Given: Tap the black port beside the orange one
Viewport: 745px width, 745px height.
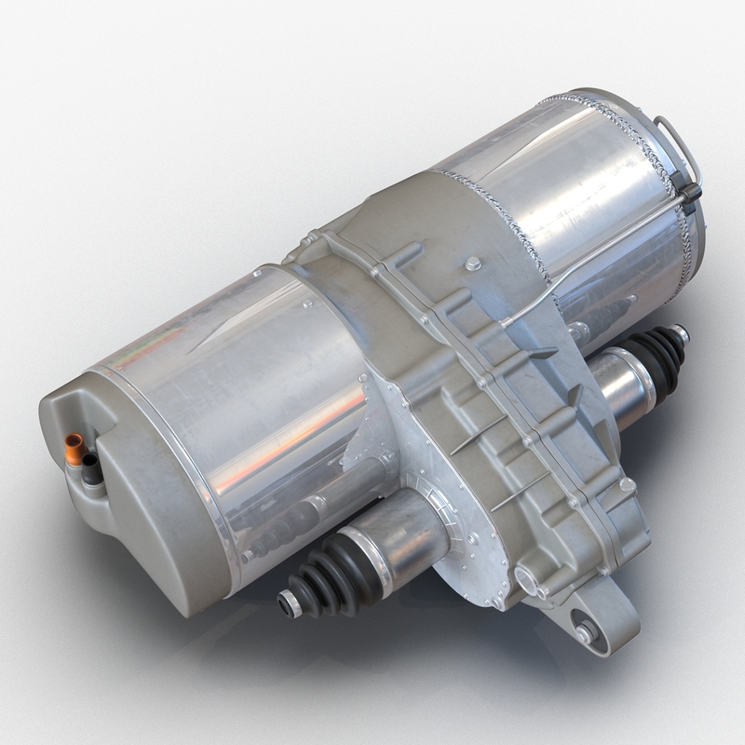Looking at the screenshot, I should coord(90,464).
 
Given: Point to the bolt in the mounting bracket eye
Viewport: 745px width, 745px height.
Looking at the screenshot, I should coord(587,631).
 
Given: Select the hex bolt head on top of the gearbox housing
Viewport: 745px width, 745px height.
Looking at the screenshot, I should coord(473,264).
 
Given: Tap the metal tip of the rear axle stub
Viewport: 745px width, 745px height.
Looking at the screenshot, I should coord(682,332).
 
